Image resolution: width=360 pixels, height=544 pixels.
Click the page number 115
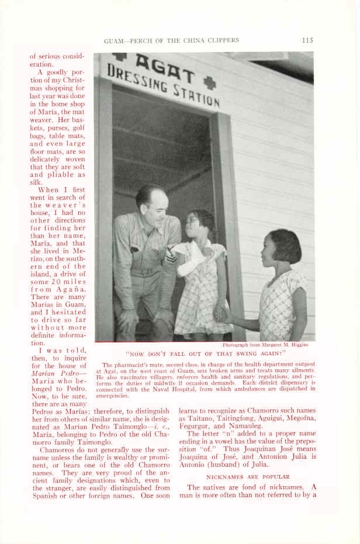pos(308,40)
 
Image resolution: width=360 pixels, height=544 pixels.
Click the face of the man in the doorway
pos(153,202)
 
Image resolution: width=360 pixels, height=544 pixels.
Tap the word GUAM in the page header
pos(114,41)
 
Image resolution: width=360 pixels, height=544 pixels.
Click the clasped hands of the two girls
pos(221,313)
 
